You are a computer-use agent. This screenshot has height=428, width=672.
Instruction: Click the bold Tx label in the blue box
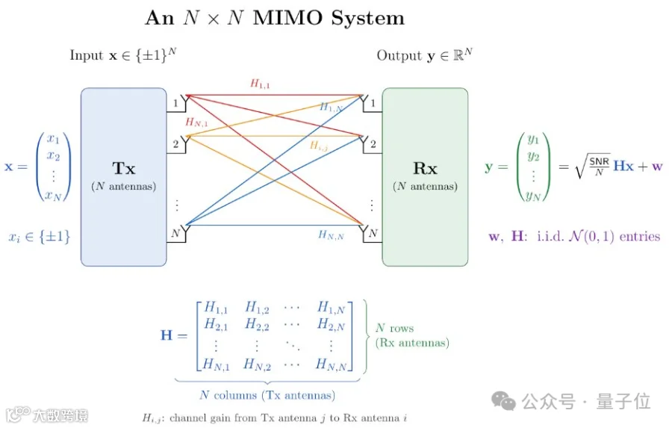(123, 168)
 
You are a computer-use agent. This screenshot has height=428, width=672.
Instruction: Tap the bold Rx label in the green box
(425, 168)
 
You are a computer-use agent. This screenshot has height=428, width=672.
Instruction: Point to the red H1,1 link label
(260, 84)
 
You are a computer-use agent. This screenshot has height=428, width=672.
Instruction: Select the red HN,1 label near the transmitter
(196, 122)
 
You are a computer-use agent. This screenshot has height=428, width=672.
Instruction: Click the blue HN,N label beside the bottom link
(331, 235)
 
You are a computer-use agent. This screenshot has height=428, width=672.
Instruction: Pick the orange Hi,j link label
(318, 146)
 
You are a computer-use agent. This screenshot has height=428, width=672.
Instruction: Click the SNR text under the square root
(599, 161)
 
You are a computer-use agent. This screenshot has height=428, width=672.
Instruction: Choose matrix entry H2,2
(257, 325)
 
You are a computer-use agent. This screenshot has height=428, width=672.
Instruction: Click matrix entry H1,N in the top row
(331, 308)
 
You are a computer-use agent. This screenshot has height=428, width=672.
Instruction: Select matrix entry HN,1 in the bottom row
(216, 365)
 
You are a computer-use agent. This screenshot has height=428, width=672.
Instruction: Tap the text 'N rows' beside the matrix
(395, 329)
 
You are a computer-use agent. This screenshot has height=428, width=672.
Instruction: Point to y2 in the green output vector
(533, 157)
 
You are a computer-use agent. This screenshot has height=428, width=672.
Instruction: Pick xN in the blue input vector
(54, 196)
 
